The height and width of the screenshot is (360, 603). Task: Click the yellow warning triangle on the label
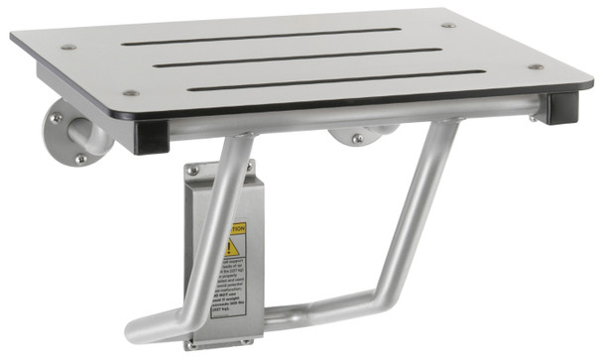(x=231, y=245)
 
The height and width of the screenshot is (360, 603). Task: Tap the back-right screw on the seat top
(x=448, y=25)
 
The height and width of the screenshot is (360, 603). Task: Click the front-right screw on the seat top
(x=537, y=67)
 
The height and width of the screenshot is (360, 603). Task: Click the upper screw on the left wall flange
(x=58, y=118)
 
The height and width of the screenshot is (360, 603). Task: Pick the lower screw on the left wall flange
(x=80, y=159)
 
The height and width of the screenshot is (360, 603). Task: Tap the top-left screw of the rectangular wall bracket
(x=193, y=171)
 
